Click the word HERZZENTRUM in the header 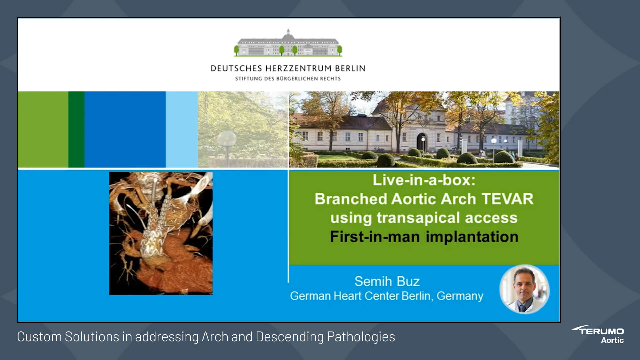pos(299,68)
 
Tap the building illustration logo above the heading pos(288,43)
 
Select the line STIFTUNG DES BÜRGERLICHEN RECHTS pos(288,79)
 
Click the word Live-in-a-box pos(424,180)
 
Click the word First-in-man pos(375,237)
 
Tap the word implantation pos(472,237)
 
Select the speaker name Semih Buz pos(387,281)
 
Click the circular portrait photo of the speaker pos(524,289)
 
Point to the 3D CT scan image pos(161,233)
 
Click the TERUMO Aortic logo pos(598,334)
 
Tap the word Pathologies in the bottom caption pos(361,337)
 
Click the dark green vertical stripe pos(76,129)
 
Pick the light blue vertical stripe pos(182,129)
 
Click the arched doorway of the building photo pos(422,142)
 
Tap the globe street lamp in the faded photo pos(227,138)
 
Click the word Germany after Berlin pos(460,296)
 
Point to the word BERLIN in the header pos(350,68)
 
